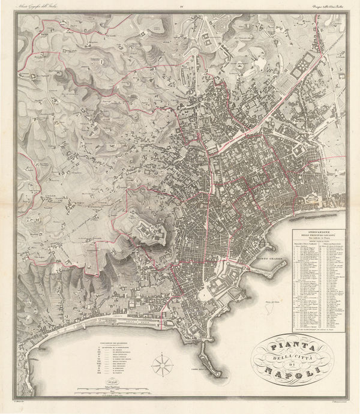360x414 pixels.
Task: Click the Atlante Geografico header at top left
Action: click(x=44, y=7)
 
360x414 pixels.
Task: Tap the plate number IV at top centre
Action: click(x=180, y=7)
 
